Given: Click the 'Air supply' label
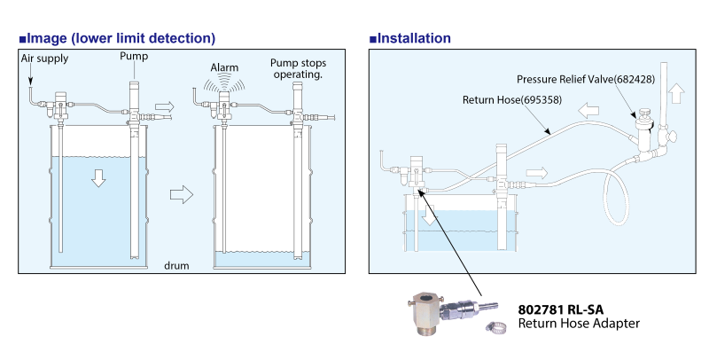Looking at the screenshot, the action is tap(45, 59).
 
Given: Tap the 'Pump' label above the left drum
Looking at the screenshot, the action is tap(134, 57).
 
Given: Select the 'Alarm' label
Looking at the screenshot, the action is tap(224, 68).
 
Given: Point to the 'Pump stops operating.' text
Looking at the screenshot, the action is tap(298, 69).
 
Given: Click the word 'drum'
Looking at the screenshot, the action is tap(176, 265).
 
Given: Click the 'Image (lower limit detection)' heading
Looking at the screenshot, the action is tap(117, 38).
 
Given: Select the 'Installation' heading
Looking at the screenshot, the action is tap(410, 38).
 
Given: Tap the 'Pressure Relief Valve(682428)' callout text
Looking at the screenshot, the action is tap(586, 79).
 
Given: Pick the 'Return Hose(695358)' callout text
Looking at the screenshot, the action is tap(512, 99).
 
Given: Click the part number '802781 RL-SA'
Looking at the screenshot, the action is tap(561, 309).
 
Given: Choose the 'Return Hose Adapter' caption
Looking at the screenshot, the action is tap(579, 324).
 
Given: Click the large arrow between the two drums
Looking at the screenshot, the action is tap(182, 195).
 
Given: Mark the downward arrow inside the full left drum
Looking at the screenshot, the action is tap(98, 178).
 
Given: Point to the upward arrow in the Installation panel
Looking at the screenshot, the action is tap(676, 93).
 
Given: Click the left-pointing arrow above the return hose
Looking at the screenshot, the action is tap(588, 111).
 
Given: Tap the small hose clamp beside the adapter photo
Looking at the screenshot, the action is tap(496, 327).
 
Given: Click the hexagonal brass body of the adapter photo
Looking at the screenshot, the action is tap(426, 313).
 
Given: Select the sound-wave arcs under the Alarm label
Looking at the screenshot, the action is tap(224, 84).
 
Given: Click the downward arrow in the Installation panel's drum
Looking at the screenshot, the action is tap(431, 215).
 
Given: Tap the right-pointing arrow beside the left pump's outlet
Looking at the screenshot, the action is tap(164, 107).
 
